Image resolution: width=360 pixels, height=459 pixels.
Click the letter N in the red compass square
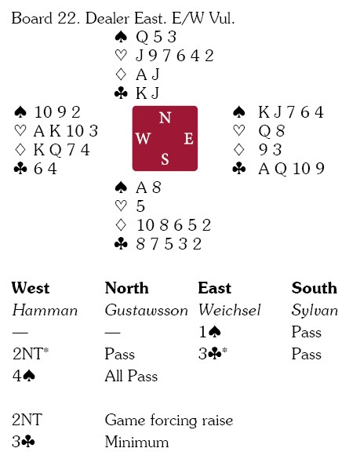[165, 118]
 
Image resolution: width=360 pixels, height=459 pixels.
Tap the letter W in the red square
[143, 138]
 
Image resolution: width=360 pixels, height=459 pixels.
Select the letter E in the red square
[189, 138]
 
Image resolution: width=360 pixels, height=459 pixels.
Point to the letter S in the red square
[165, 159]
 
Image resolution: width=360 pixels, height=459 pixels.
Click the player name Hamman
[45, 310]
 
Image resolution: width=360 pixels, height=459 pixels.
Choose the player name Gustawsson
[146, 310]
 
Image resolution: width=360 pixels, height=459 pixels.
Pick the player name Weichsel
[230, 310]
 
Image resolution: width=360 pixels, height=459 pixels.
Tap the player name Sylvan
[315, 311]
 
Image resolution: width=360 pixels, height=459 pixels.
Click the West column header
[31, 288]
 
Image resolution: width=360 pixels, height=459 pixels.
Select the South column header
[314, 288]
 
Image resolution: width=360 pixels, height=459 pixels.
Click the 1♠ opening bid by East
[210, 332]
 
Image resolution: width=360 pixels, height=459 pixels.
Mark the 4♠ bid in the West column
[24, 376]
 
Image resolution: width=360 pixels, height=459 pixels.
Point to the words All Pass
[131, 376]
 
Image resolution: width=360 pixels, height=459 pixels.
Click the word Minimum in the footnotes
[136, 442]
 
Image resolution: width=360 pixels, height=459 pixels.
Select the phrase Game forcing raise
[169, 421]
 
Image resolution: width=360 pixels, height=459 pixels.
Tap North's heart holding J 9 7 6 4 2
[175, 56]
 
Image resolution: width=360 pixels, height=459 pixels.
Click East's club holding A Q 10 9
[291, 169]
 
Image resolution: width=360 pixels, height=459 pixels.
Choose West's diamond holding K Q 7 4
[61, 150]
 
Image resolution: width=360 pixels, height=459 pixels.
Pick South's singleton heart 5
[140, 206]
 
